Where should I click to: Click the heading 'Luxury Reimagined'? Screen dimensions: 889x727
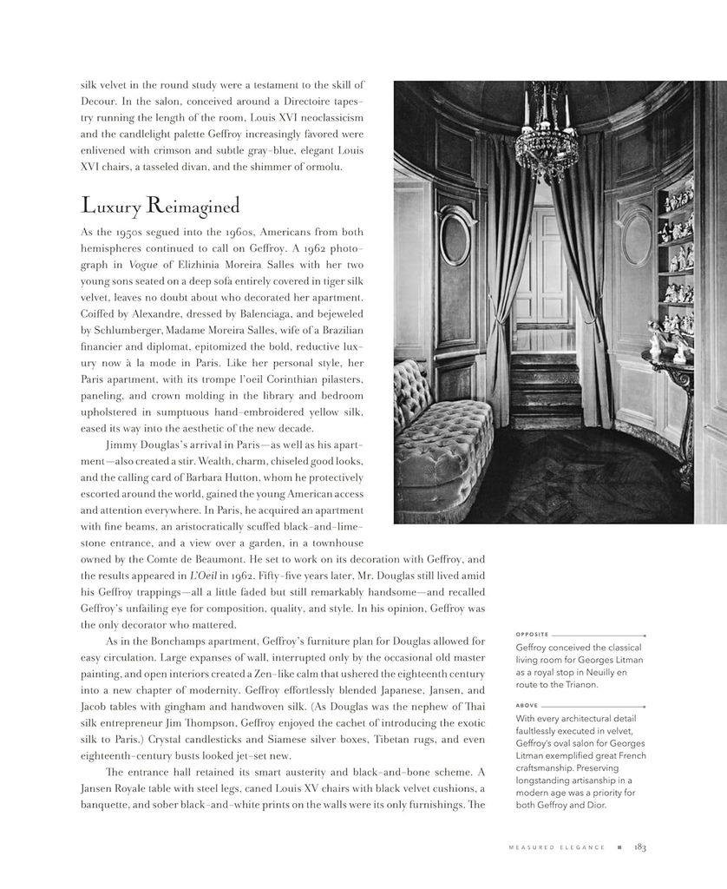(x=160, y=206)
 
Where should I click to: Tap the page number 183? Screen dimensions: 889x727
(x=640, y=847)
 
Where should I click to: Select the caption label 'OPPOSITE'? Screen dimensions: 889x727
(x=532, y=634)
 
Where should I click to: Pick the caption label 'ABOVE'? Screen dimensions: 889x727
(x=527, y=705)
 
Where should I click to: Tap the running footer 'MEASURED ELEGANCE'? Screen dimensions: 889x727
(x=556, y=848)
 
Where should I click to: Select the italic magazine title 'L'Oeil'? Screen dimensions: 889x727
(x=202, y=575)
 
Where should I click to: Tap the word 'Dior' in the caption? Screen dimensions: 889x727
(x=594, y=805)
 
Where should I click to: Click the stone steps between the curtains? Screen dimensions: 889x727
(x=545, y=386)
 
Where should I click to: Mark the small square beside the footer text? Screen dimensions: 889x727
(x=619, y=848)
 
